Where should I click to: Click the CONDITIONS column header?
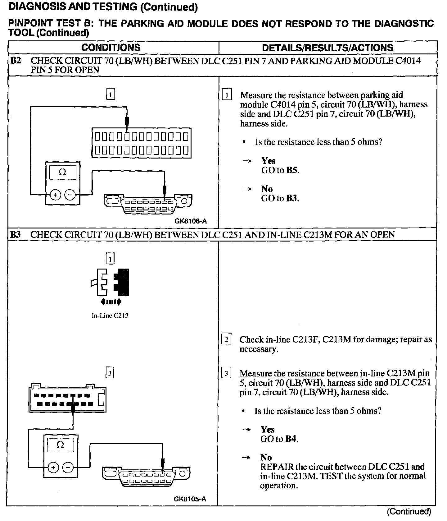click(111, 48)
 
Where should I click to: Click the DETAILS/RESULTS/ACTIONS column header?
click(327, 48)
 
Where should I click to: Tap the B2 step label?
click(16, 61)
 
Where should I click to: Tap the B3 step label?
click(16, 235)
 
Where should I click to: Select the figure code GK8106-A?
click(190, 221)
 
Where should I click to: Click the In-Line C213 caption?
click(110, 316)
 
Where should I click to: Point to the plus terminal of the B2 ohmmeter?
click(56, 195)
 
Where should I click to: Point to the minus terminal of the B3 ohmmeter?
click(68, 467)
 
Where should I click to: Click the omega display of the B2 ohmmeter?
click(62, 172)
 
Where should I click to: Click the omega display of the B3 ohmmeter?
click(61, 445)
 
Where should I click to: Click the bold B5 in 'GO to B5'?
click(292, 170)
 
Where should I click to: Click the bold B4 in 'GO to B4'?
click(291, 439)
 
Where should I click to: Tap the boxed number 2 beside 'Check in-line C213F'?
click(226, 339)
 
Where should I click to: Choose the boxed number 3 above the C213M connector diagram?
click(110, 372)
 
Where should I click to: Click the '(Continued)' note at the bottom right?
click(409, 511)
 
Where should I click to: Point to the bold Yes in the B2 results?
click(268, 161)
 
